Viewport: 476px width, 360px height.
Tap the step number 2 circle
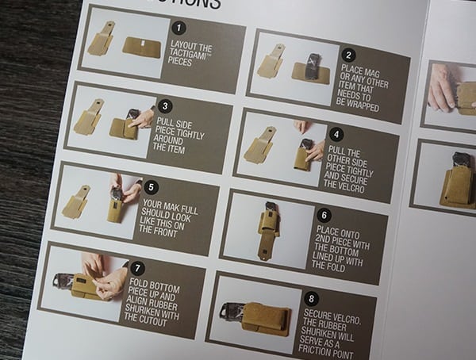pos(349,55)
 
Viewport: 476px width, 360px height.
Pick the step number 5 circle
pos(152,187)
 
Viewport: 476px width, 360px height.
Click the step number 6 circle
pos(324,215)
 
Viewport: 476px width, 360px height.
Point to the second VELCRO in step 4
pos(343,181)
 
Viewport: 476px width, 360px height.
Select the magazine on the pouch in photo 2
pos(313,66)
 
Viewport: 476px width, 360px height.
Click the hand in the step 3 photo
pos(144,119)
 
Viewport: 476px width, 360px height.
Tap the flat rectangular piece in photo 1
pos(141,47)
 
